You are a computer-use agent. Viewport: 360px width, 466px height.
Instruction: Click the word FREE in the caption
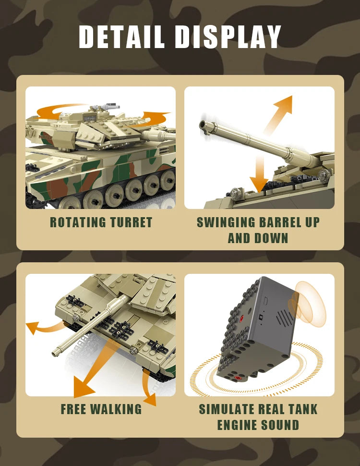[x=74, y=409]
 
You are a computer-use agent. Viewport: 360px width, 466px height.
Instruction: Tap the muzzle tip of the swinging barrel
[x=204, y=126]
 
